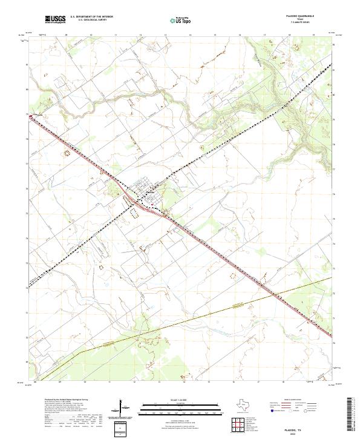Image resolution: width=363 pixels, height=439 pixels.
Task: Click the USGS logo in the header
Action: click(x=55, y=19)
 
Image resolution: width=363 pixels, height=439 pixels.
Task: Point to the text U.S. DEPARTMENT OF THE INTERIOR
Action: click(x=92, y=17)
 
